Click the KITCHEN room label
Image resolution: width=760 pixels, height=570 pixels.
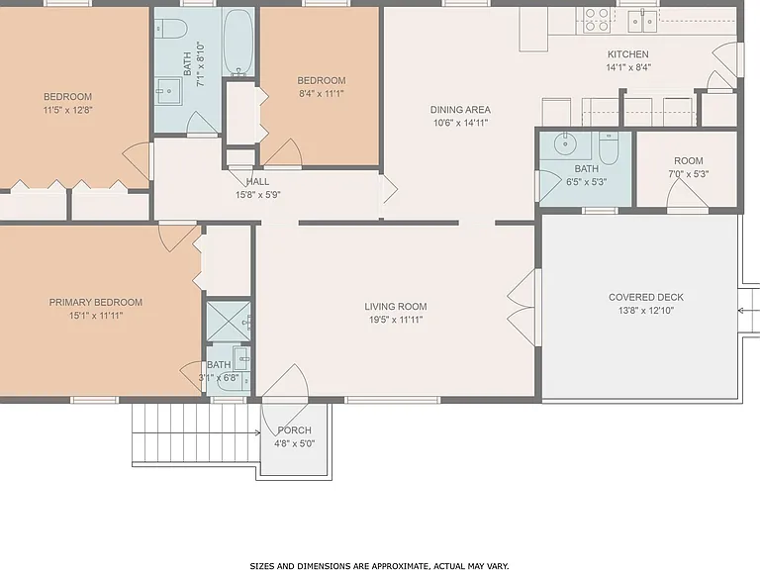[x=627, y=54]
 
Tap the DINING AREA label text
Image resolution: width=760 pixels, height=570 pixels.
[x=460, y=110]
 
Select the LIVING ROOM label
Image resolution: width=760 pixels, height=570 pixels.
[x=396, y=307]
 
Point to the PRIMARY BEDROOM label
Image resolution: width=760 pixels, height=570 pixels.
[x=95, y=303]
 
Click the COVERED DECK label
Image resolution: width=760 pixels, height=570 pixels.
[x=645, y=297]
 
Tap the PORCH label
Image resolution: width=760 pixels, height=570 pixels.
[x=294, y=430]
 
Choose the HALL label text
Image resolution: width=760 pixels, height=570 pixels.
[x=257, y=182]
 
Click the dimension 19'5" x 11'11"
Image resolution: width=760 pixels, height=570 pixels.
[x=396, y=320]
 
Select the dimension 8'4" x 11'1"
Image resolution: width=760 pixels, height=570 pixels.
[x=322, y=94]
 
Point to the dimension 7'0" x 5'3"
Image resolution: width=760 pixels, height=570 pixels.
[x=689, y=174]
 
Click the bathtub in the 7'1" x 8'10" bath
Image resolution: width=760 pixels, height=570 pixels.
[x=238, y=42]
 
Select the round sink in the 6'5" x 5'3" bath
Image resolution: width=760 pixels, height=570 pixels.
[x=564, y=142]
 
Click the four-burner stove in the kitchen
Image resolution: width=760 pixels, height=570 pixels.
[x=597, y=20]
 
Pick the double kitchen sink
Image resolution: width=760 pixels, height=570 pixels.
[x=642, y=21]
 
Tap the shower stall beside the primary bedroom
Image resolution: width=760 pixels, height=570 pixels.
[x=229, y=322]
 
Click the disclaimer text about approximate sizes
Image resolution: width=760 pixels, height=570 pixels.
[x=380, y=566]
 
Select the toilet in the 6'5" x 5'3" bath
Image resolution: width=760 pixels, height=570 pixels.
[x=609, y=147]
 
